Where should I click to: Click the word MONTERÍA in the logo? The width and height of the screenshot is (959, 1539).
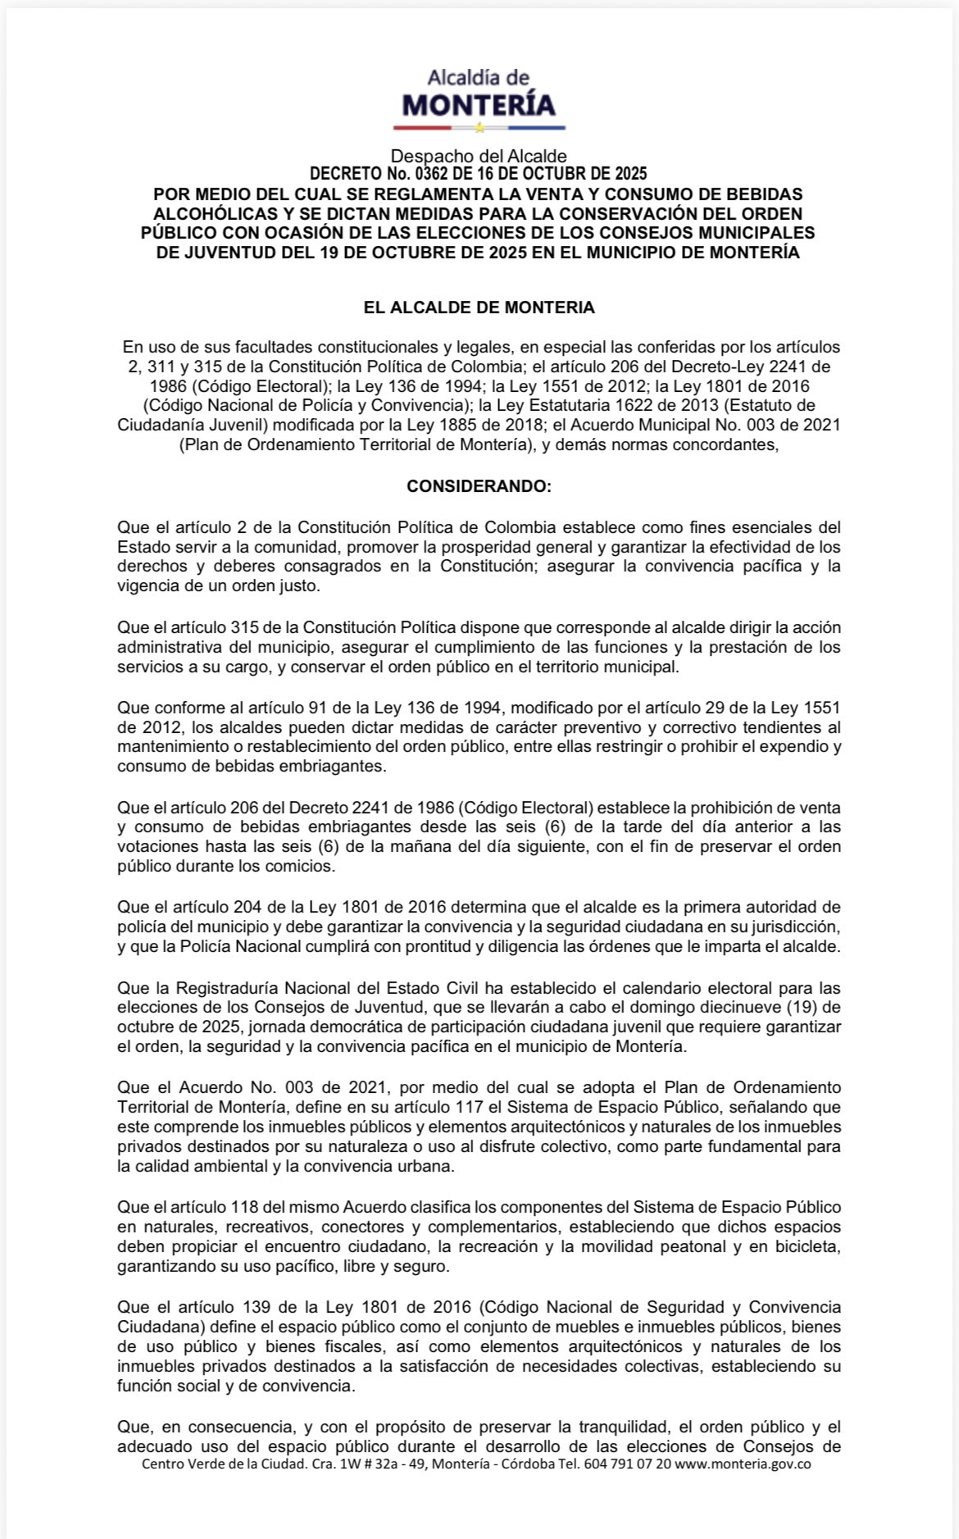point(479,105)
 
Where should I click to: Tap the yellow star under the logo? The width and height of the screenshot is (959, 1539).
point(479,128)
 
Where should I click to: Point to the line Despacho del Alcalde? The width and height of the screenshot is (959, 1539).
point(479,156)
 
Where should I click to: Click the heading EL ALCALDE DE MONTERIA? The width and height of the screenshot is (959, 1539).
point(479,307)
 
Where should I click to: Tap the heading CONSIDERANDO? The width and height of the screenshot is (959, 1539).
point(479,486)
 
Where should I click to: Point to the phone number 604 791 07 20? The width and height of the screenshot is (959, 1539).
point(627,1464)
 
